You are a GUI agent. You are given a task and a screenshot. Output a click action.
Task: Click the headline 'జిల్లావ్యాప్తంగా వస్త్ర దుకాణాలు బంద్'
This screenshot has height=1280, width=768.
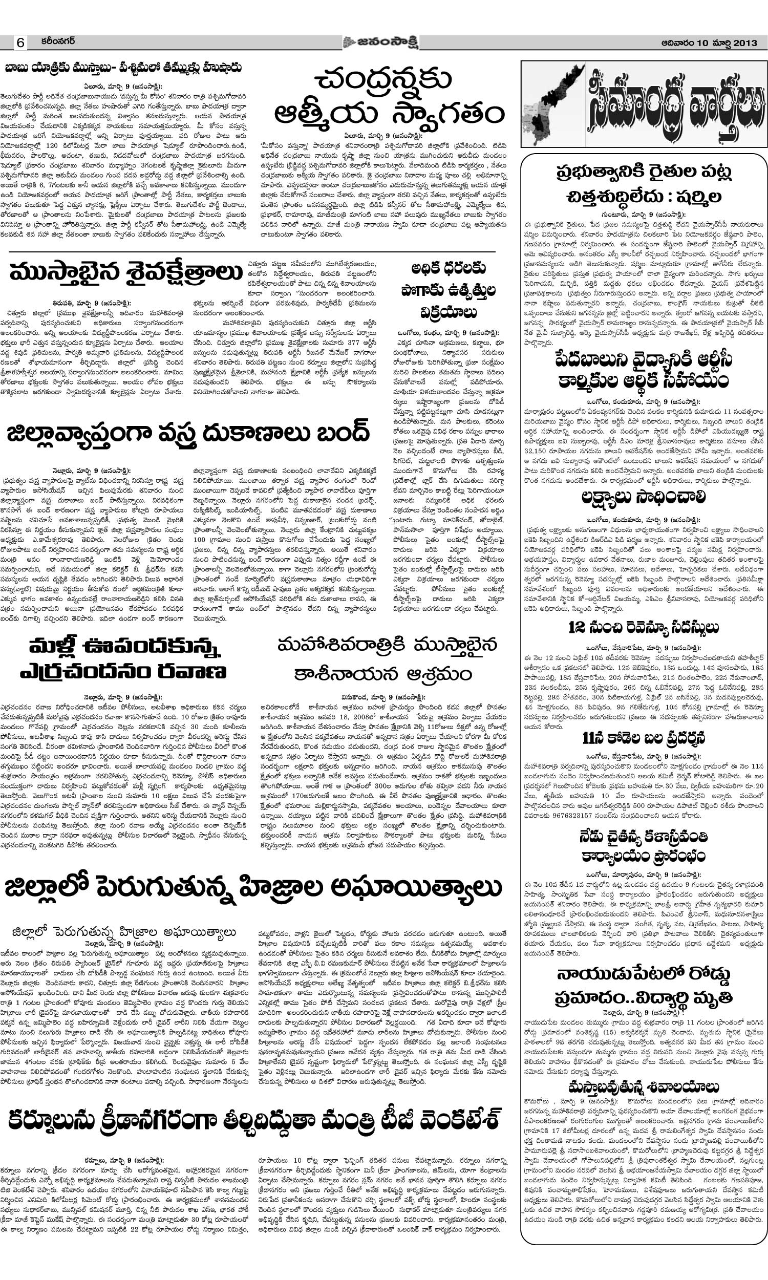pyautogui.click(x=188, y=434)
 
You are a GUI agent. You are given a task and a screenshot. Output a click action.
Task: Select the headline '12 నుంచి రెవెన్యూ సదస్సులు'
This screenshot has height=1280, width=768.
pyautogui.click(x=643, y=628)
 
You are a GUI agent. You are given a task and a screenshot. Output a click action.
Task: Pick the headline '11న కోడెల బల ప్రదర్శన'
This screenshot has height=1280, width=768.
pyautogui.click(x=643, y=737)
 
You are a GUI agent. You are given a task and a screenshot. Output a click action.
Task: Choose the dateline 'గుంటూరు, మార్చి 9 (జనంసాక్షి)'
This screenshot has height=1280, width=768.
pyautogui.click(x=643, y=214)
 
